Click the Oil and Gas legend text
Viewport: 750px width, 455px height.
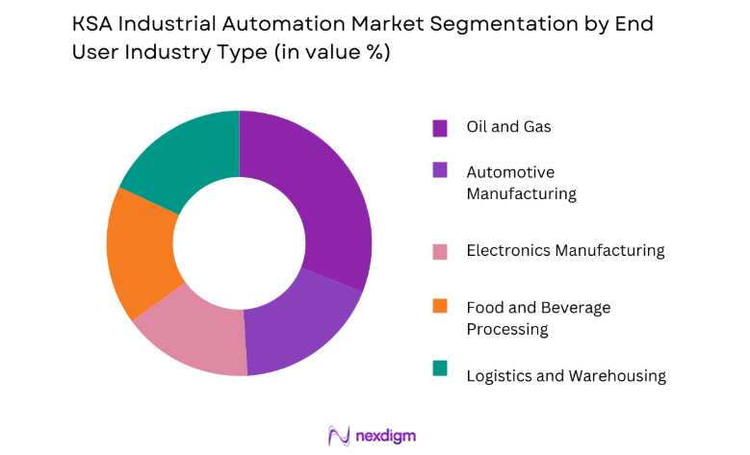(508, 126)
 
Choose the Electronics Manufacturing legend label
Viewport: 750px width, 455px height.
(565, 250)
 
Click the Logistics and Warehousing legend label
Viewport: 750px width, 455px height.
(565, 375)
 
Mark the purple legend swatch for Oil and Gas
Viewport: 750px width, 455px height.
(440, 127)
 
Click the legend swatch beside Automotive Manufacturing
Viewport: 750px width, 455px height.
(440, 171)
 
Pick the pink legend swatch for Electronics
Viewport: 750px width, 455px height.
(440, 251)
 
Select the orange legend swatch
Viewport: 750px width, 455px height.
(440, 307)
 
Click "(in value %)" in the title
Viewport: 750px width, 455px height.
(331, 53)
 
